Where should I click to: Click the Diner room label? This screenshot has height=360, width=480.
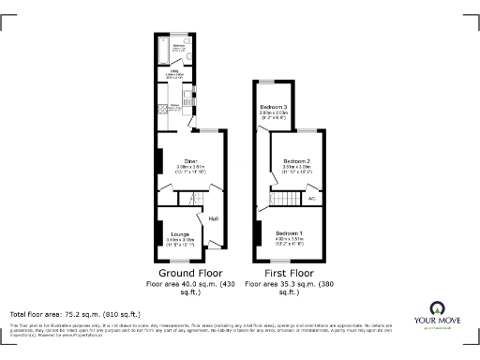pos(190,160)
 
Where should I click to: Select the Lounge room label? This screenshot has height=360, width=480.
pos(179,234)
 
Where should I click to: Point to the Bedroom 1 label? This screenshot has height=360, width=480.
pos(289,232)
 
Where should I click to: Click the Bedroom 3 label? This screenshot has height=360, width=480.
pos(274,108)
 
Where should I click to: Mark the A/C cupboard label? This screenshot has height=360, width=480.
pos(311,199)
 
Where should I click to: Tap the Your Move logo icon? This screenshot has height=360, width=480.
pos(437,308)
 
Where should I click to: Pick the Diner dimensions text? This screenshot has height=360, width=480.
pos(190,168)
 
